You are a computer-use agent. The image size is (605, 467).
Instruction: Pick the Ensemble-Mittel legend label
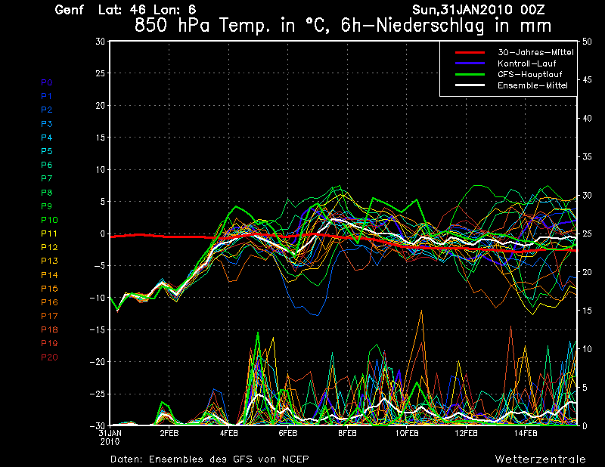pos(527,86)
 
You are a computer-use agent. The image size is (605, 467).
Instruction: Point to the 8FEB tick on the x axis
pos(347,434)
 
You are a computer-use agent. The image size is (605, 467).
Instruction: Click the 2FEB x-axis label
pos(169,434)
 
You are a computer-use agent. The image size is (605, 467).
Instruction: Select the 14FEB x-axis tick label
pos(526,434)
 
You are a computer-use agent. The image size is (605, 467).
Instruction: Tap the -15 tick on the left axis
pos(98,330)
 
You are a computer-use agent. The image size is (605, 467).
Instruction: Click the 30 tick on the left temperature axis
pos(101,42)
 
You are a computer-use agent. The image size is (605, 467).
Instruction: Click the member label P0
pos(46,82)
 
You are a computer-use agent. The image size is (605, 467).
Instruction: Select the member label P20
pos(49,357)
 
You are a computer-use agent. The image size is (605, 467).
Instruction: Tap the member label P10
pos(49,220)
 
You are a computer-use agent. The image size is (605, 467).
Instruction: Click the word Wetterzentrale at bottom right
pos(541,459)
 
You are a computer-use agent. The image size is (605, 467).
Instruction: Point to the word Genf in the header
pos(70,10)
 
